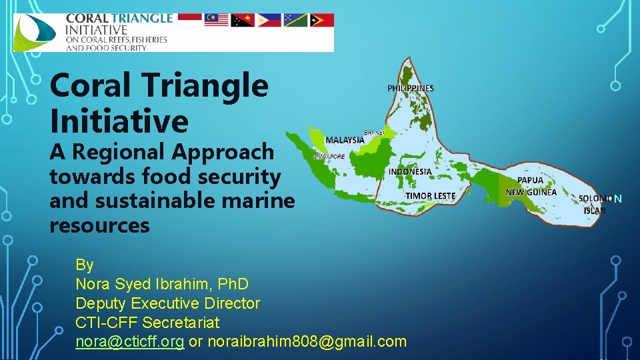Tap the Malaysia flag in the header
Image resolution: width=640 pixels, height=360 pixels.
215,20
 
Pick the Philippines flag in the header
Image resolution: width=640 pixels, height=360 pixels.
268,20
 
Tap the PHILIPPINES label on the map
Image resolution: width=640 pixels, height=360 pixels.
410,88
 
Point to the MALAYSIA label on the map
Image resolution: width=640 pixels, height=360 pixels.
345,140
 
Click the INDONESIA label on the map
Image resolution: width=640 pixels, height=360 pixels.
409,171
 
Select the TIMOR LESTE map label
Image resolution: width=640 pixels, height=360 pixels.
430,195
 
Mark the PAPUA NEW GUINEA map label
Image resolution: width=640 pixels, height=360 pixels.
531,186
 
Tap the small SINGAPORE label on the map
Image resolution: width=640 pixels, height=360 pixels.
329,157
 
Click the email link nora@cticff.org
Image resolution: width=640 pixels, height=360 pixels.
130,341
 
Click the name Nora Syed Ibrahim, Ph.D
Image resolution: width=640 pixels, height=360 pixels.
162,284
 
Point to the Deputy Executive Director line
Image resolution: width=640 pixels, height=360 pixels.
167,303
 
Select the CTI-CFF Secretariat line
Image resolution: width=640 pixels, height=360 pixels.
147,323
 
